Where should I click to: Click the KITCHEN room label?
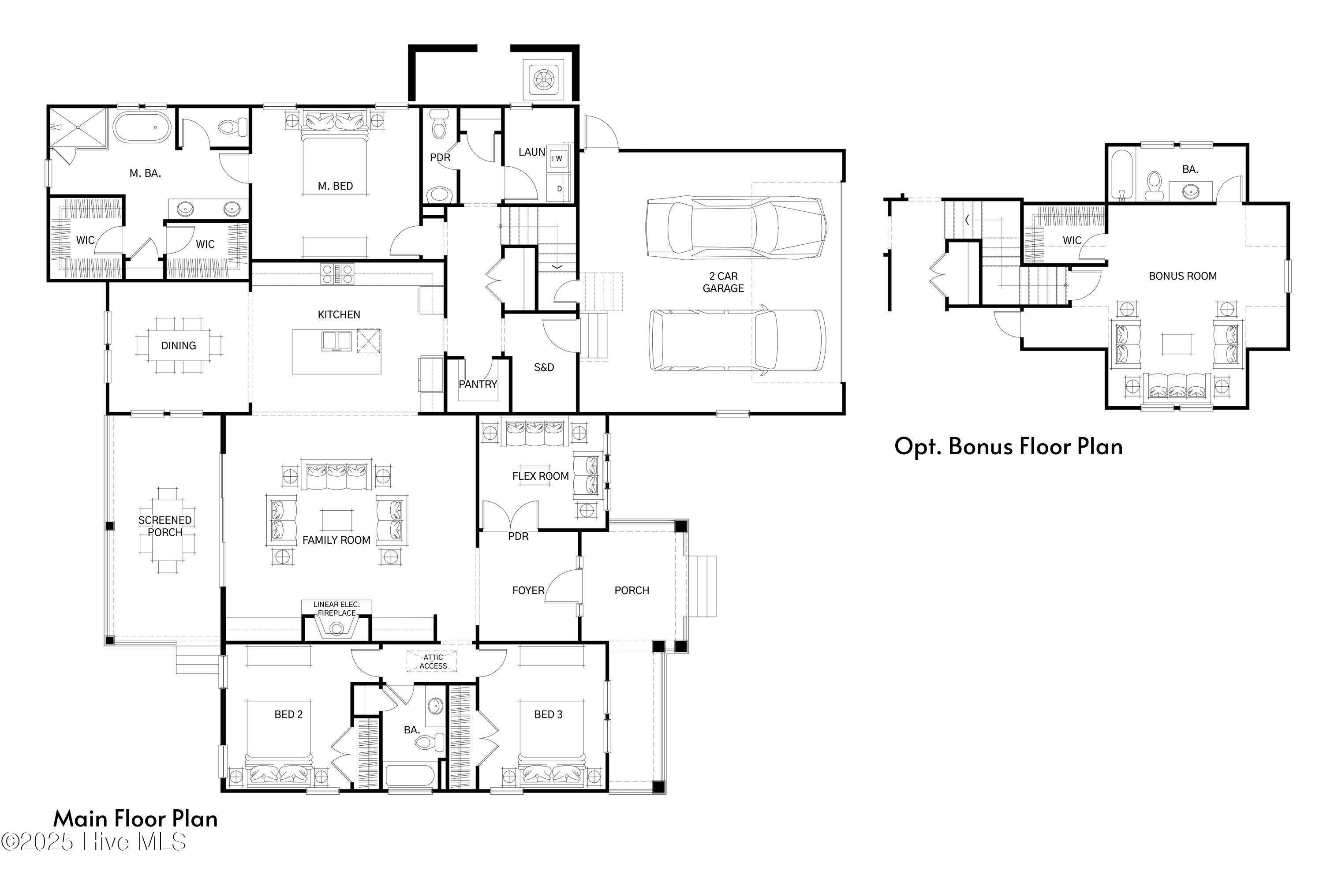point(339,314)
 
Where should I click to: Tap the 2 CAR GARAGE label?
point(723,282)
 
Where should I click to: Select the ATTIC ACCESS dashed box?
point(433,661)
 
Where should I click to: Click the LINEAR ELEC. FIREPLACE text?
point(336,609)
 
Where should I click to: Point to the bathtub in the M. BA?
point(141,127)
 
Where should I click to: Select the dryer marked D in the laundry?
point(559,188)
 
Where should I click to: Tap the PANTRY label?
point(478,384)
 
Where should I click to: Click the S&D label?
point(543,367)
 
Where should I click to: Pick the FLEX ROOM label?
point(540,476)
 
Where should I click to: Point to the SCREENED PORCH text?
point(165,526)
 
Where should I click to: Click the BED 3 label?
point(548,714)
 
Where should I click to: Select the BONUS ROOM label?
point(1182,276)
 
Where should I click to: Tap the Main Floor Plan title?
point(135,818)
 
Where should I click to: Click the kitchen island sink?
point(336,341)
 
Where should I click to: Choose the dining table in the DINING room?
point(178,345)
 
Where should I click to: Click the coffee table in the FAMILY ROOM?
point(337,520)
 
